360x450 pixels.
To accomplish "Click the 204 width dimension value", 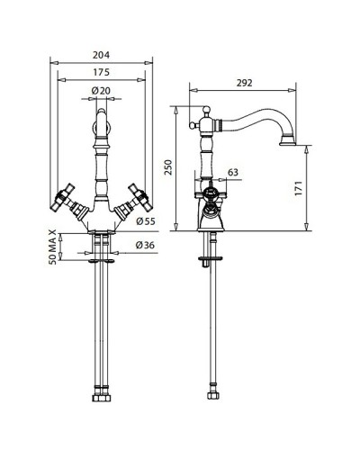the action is (101, 55).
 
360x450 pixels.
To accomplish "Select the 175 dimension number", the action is (102, 72).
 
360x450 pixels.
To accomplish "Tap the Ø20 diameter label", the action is (101, 91).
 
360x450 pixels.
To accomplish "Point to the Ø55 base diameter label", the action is (146, 221).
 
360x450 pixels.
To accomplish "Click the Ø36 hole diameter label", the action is (145, 245).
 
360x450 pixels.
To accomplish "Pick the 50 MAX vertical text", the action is (52, 247).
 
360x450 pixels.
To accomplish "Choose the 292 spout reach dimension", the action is (244, 83).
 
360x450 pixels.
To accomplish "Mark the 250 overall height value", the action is (169, 167).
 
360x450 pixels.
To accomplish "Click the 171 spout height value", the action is (299, 188).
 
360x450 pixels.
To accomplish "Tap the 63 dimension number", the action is (233, 172).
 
